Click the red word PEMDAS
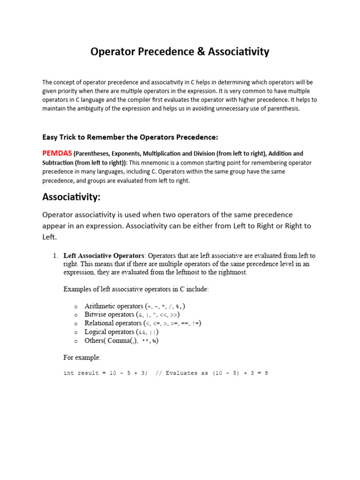coord(57,153)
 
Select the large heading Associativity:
coord(71,197)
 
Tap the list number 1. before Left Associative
coord(54,256)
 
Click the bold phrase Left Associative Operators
coord(104,256)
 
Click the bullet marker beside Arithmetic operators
coord(75,307)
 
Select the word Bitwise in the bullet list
coord(96,315)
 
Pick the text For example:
coord(82,357)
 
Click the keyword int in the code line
coord(68,374)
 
